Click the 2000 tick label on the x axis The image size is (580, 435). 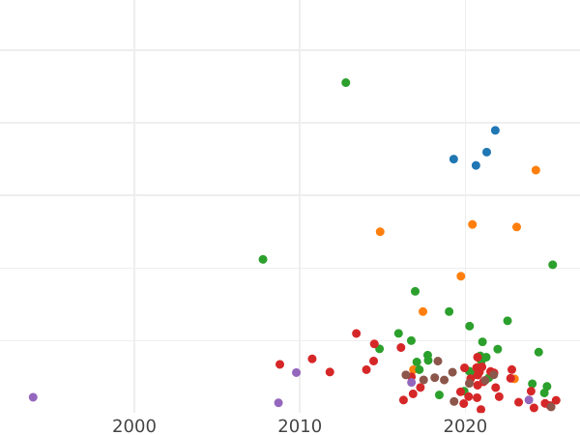tap(134, 426)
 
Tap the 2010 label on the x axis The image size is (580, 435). tap(300, 426)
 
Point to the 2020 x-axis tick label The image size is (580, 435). tap(465, 426)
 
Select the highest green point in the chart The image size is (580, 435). tap(345, 83)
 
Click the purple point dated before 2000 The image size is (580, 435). tap(33, 397)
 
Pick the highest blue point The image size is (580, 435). tap(495, 130)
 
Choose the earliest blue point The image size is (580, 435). tap(453, 159)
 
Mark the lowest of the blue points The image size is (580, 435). tap(476, 165)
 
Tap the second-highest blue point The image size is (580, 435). tap(486, 152)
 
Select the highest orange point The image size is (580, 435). tap(536, 170)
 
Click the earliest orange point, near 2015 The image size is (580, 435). tap(380, 232)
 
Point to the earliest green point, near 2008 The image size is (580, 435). tap(263, 259)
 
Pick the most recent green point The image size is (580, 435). tap(553, 265)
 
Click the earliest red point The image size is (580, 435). tap(279, 364)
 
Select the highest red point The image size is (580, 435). tap(356, 333)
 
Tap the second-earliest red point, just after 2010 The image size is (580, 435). tap(311, 359)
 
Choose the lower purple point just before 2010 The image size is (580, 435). tap(278, 403)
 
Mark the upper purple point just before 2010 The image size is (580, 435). tap(296, 372)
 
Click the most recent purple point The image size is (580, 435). tap(529, 400)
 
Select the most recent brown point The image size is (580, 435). tap(551, 407)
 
